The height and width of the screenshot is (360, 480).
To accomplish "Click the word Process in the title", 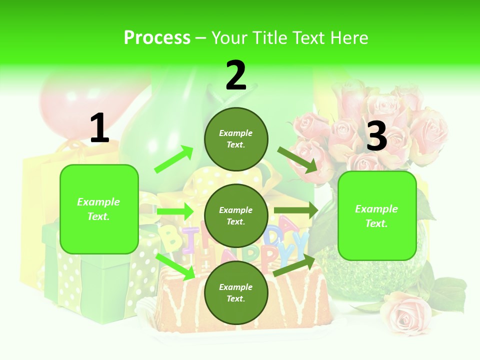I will (157, 38).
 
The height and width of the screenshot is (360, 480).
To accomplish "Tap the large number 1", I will (99, 129).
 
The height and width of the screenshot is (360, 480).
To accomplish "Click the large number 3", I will (376, 136).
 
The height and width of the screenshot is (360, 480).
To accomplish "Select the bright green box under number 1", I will (99, 209).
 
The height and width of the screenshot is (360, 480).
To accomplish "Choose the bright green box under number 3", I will (377, 215).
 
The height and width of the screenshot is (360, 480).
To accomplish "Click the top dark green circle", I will (236, 139).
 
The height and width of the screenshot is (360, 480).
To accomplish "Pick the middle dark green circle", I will (236, 215).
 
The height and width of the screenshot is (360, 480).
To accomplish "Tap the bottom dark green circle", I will (236, 292).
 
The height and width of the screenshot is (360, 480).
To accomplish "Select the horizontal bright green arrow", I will (174, 211).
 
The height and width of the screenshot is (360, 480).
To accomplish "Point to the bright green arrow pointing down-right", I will (175, 266).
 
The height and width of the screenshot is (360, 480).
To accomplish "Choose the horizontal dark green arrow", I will (295, 210).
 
